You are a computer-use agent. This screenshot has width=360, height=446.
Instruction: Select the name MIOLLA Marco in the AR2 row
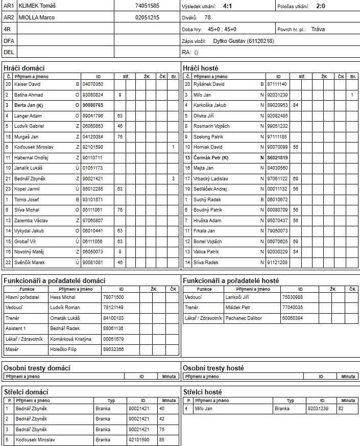coord(36,17)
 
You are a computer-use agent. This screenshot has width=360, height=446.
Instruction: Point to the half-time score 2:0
coord(321,6)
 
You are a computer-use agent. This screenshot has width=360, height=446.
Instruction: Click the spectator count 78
coord(207,17)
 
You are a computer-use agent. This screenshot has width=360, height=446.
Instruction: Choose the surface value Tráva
coord(318,29)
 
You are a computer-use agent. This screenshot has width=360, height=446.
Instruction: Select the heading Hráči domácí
coord(23,68)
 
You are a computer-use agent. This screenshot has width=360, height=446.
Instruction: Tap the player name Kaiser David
coord(28,84)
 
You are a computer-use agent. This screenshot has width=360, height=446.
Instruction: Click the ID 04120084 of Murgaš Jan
coord(92,137)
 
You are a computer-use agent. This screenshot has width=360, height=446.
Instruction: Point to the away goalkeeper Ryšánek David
coord(208,84)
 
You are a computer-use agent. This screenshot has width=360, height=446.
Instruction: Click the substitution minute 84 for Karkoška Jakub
coord(296,105)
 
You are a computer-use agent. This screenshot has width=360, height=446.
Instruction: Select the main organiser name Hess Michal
coord(62,297)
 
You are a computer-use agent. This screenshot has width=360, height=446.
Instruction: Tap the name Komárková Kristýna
coord(70,339)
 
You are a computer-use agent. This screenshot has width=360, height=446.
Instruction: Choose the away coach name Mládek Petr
coord(238,308)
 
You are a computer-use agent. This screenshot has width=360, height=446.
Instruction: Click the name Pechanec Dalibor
coord(244,318)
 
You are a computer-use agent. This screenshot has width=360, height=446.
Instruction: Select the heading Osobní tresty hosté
coord(213,368)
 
